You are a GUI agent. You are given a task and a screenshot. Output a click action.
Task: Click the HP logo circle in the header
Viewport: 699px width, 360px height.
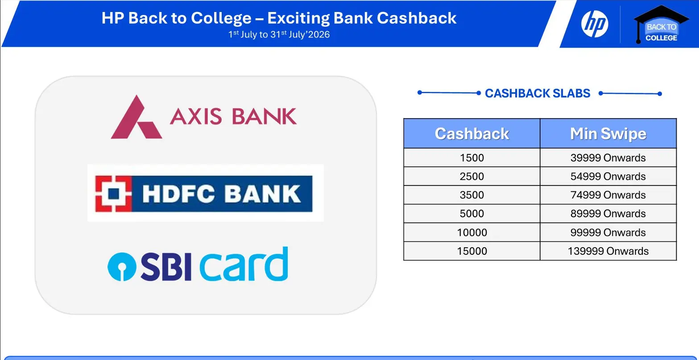595,24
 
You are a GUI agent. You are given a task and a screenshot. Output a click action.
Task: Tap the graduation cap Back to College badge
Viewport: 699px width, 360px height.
661,25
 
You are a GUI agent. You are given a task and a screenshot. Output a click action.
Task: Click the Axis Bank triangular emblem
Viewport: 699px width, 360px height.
136,117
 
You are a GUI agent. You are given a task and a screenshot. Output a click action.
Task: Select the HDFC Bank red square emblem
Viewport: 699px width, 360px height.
113,194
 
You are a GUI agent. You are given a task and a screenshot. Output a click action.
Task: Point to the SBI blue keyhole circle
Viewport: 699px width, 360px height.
122,267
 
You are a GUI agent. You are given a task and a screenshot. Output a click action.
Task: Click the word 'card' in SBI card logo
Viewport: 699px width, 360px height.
244,264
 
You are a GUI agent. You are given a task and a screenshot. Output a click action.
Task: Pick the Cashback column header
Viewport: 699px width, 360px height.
472,133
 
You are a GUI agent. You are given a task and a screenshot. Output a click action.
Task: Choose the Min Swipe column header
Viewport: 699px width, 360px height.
608,133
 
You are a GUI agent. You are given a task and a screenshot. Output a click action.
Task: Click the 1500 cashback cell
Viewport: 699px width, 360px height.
472,157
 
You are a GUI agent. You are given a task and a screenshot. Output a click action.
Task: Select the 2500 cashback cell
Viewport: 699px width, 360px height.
472,176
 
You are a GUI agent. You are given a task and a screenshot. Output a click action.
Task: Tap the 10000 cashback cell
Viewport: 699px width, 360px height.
472,232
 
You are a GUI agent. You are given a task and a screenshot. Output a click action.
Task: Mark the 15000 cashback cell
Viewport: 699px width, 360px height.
472,251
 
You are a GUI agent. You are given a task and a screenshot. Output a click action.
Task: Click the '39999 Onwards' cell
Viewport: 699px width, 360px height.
608,157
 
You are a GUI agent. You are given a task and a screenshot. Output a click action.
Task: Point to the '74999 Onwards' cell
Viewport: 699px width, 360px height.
608,195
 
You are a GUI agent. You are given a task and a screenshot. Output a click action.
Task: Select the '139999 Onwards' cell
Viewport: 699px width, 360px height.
608,251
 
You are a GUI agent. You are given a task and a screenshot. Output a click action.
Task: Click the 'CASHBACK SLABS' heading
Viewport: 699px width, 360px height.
538,93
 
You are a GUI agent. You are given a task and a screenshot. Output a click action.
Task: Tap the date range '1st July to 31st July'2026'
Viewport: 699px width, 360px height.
279,34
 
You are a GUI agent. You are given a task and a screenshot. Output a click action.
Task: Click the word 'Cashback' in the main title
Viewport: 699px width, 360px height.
417,18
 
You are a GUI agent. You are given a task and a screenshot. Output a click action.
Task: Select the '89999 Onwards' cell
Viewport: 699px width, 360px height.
608,214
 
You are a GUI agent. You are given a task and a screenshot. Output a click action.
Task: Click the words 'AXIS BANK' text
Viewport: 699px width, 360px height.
233,116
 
